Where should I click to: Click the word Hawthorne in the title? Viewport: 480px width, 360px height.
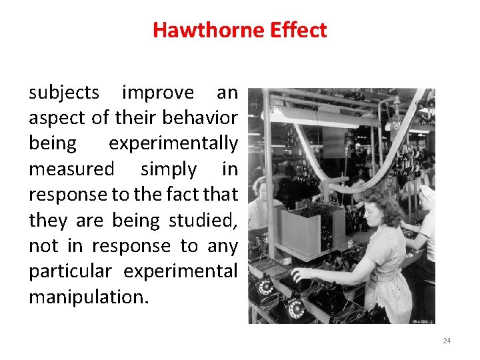[203, 30]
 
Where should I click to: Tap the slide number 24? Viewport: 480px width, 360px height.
[447, 341]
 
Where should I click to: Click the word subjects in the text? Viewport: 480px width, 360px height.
[64, 93]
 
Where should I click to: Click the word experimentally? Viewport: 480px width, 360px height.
[173, 143]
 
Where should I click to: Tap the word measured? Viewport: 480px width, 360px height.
[71, 169]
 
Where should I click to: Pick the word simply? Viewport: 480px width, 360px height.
[169, 169]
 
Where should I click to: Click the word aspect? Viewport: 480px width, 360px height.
[56, 118]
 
